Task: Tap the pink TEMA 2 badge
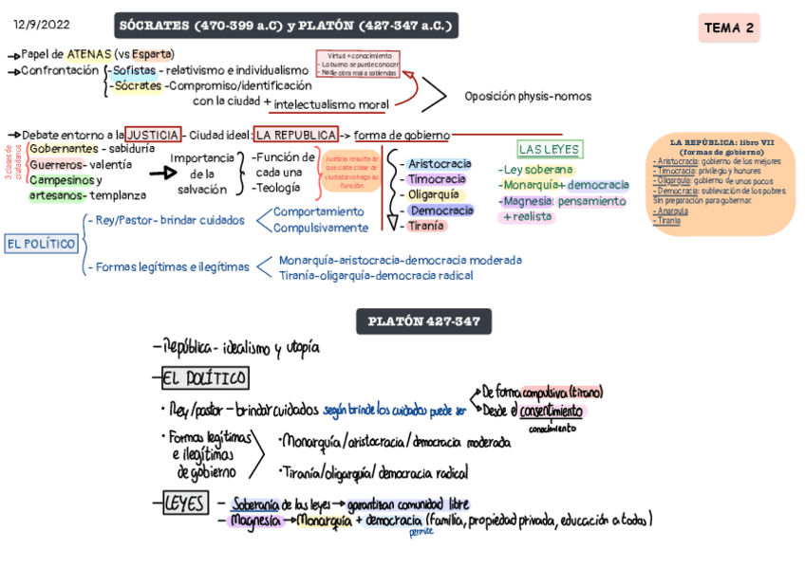click(728, 28)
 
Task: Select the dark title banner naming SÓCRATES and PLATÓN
click(285, 25)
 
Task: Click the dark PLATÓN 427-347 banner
click(423, 322)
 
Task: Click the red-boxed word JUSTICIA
click(152, 136)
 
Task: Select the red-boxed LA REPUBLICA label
click(296, 136)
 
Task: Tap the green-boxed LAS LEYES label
click(549, 150)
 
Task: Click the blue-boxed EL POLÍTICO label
click(41, 244)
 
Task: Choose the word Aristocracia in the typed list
click(440, 164)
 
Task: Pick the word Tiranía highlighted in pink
click(425, 226)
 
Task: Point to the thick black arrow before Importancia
click(162, 174)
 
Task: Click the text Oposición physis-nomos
click(528, 96)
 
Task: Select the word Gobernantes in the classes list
click(63, 149)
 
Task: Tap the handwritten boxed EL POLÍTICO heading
click(205, 379)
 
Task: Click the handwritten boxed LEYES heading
click(183, 504)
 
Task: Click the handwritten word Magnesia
click(255, 521)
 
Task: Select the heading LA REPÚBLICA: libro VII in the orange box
click(722, 146)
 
